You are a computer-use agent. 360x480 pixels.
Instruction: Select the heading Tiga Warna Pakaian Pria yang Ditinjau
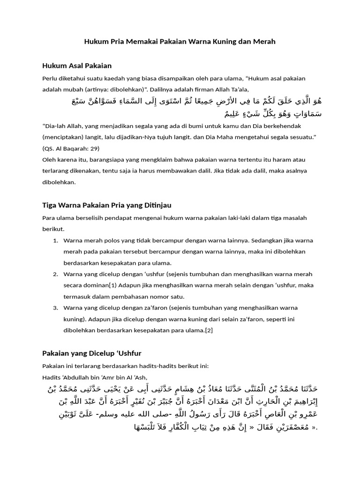107,205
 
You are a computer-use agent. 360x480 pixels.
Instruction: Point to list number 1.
55,240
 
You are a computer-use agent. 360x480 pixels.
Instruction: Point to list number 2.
55,274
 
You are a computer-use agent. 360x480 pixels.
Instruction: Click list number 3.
55,308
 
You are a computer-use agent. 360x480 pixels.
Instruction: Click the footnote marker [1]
113,285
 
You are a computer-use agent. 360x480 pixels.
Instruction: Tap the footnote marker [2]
209,330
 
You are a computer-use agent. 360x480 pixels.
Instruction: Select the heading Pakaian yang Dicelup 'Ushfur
91,353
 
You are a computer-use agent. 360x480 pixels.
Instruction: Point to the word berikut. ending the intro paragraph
53,229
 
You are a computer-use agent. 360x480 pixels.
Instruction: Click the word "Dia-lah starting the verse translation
54,126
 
